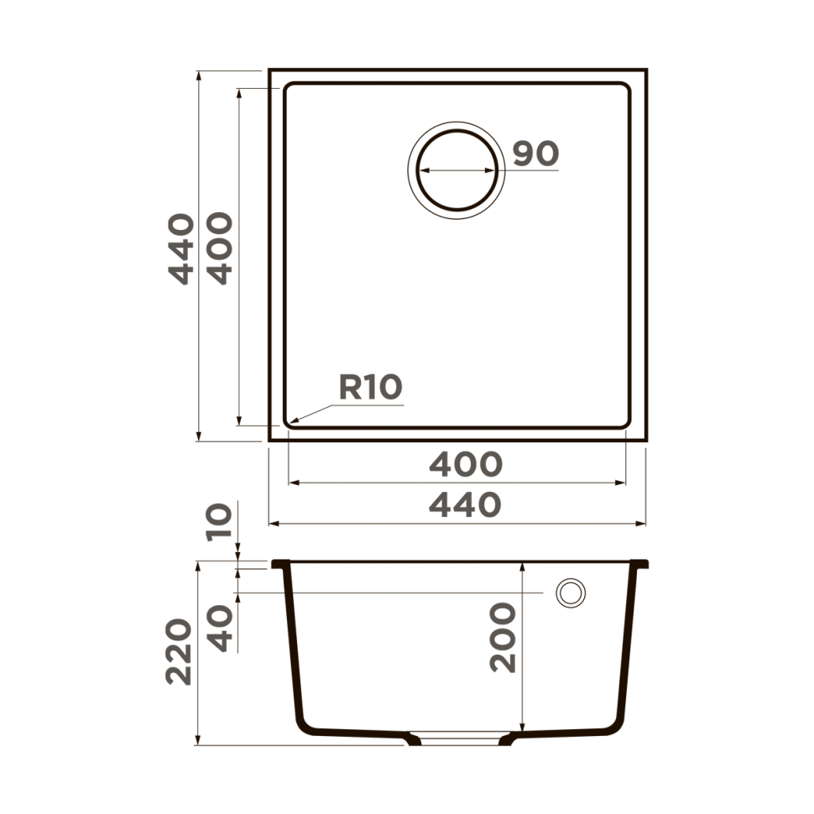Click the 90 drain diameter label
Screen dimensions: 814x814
pyautogui.click(x=535, y=154)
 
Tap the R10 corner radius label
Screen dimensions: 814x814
pyautogui.click(x=370, y=387)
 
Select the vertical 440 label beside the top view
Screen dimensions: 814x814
pyautogui.click(x=180, y=248)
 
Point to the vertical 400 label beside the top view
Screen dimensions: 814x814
pyautogui.click(x=219, y=248)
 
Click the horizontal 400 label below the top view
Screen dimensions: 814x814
pyautogui.click(x=465, y=464)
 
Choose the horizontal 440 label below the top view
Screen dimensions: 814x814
pyautogui.click(x=465, y=504)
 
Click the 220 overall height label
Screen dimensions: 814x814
pyautogui.click(x=179, y=652)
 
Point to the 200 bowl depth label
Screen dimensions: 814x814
pyautogui.click(x=504, y=637)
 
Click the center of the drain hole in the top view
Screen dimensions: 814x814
pyautogui.click(x=457, y=170)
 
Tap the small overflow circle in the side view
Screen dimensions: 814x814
pyautogui.click(x=571, y=592)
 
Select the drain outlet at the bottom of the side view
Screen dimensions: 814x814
pyautogui.click(x=457, y=739)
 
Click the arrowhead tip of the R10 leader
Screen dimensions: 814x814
pyautogui.click(x=290, y=421)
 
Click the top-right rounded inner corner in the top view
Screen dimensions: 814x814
pyautogui.click(x=623, y=89)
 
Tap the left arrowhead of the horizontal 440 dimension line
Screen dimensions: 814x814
pyautogui.click(x=271, y=524)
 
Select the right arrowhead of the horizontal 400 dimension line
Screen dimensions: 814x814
pyautogui.click(x=624, y=483)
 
